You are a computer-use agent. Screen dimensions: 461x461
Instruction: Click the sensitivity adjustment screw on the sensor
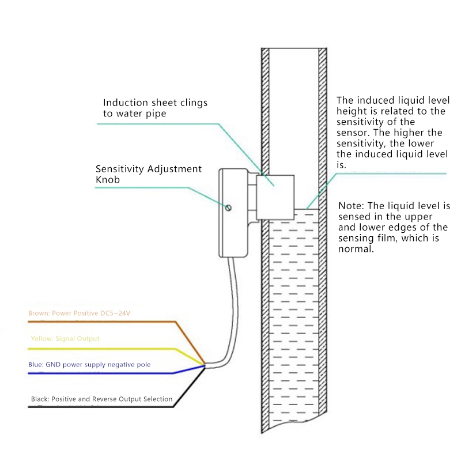tap(229, 208)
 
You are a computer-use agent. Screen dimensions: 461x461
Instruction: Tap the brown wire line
tap(115, 322)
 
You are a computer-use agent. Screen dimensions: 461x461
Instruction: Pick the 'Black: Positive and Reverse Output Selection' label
tap(101, 399)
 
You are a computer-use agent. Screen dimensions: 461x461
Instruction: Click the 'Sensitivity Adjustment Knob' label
tap(148, 174)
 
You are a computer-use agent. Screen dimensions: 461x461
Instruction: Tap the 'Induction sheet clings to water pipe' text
tap(151, 108)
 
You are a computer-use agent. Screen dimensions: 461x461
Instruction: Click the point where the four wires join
tap(205, 364)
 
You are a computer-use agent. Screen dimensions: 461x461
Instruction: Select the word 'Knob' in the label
tap(108, 180)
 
